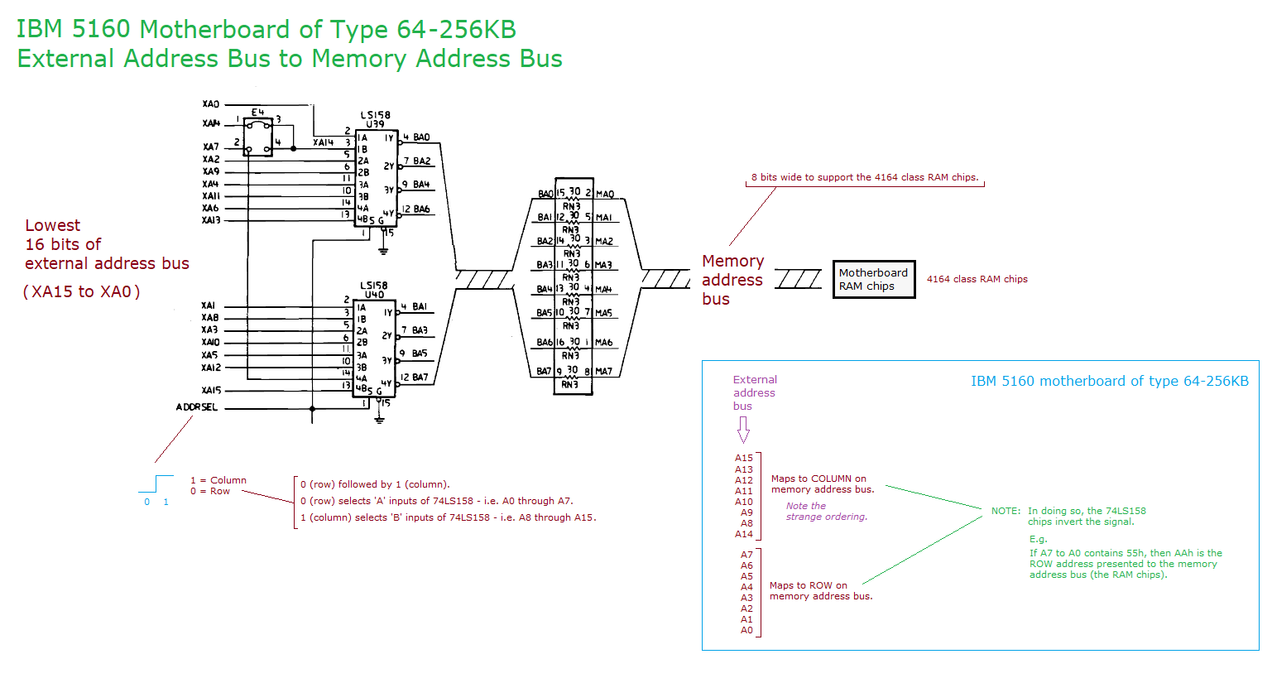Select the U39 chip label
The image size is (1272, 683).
[375, 124]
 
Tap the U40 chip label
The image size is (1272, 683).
[374, 294]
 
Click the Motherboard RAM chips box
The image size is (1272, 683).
[873, 279]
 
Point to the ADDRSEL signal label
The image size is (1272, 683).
[197, 407]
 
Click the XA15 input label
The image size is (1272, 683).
[211, 390]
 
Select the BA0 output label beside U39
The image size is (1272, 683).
[421, 137]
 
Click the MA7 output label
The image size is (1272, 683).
[604, 372]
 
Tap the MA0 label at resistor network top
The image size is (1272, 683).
[605, 195]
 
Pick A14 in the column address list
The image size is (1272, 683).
[744, 534]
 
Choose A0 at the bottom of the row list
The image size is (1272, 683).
[746, 630]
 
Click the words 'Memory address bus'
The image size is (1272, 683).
[732, 280]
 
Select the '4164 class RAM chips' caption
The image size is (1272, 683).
[977, 279]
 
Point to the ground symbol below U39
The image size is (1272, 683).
[383, 249]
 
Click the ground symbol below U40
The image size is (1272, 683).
[379, 420]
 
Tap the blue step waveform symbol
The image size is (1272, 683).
[156, 483]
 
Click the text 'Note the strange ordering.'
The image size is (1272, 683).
[826, 511]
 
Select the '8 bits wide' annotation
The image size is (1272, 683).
[864, 177]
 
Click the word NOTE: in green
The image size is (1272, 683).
[1006, 511]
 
